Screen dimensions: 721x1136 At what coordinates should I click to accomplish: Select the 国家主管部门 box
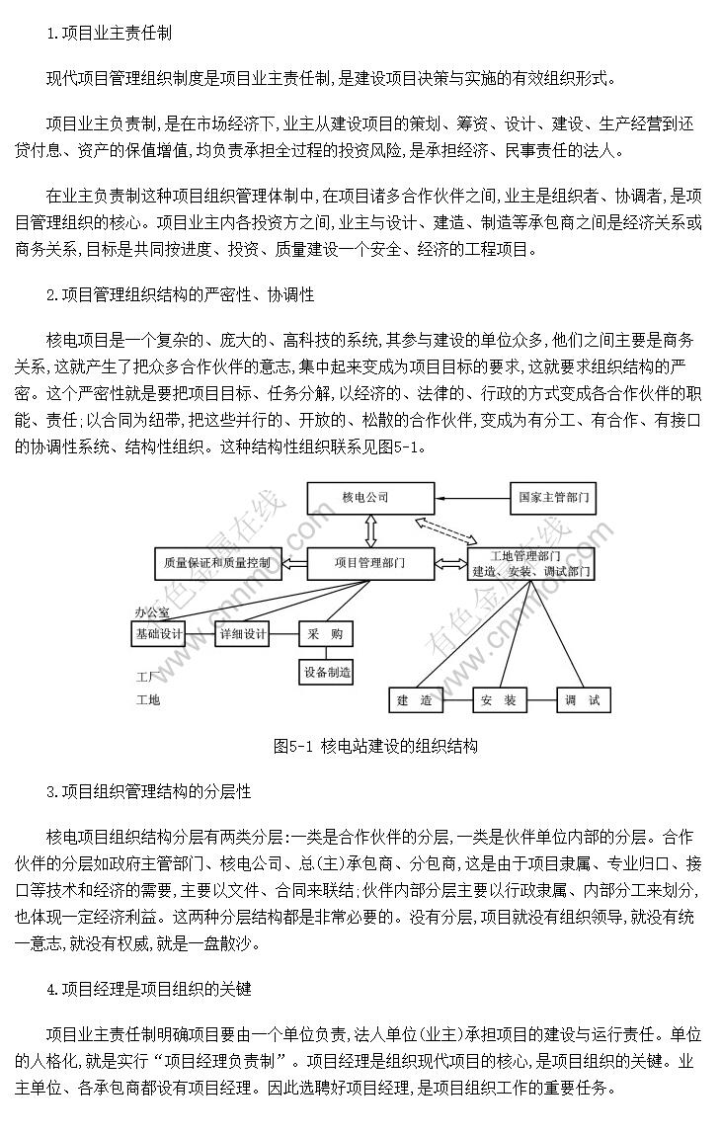point(553,498)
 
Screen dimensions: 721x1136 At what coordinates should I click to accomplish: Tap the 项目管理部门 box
point(370,563)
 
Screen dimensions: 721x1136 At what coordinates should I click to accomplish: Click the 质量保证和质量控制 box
point(217,563)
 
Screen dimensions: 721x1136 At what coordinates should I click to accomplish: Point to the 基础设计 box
point(159,634)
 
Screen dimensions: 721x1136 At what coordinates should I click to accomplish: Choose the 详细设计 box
point(244,634)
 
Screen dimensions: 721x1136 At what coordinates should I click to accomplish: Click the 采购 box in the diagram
point(325,634)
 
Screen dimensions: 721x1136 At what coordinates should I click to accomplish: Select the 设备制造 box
point(327,672)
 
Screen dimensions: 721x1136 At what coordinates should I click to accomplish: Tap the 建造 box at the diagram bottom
point(415,699)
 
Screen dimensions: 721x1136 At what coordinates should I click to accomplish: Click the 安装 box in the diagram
point(499,699)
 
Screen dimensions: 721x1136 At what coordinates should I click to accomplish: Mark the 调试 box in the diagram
point(584,699)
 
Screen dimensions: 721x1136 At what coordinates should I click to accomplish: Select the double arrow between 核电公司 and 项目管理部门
point(370,531)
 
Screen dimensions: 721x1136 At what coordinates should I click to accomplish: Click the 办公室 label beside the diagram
point(151,612)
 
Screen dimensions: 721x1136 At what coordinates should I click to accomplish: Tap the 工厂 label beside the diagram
point(148,678)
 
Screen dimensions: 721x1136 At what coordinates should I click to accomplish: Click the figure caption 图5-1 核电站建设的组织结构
point(375,746)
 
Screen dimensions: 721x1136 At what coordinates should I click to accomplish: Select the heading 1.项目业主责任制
point(109,34)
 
